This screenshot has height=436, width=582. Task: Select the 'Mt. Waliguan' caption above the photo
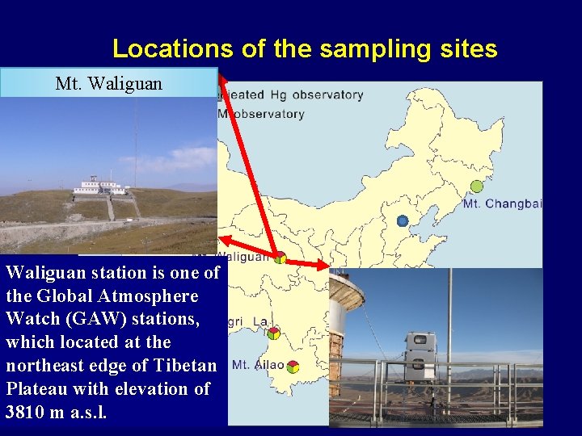pyautogui.click(x=108, y=83)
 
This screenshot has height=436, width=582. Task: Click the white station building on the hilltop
pyautogui.click(x=99, y=187)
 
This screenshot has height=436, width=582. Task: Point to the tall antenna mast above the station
pyautogui.click(x=135, y=137)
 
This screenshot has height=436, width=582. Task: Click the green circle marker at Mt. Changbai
pyautogui.click(x=476, y=187)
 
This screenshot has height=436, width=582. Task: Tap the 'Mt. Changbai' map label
pyautogui.click(x=502, y=204)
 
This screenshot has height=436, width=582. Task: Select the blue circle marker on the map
pyautogui.click(x=403, y=220)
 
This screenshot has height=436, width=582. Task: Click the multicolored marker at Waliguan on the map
pyautogui.click(x=280, y=258)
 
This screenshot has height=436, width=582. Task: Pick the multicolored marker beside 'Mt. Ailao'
pyautogui.click(x=293, y=366)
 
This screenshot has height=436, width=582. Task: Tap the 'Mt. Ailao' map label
pyautogui.click(x=258, y=365)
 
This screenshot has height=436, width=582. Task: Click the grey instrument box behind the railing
pyautogui.click(x=420, y=355)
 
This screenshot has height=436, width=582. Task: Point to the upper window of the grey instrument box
pyautogui.click(x=420, y=343)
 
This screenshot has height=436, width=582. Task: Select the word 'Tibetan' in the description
pyautogui.click(x=185, y=365)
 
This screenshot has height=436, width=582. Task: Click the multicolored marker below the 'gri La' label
pyautogui.click(x=274, y=333)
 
